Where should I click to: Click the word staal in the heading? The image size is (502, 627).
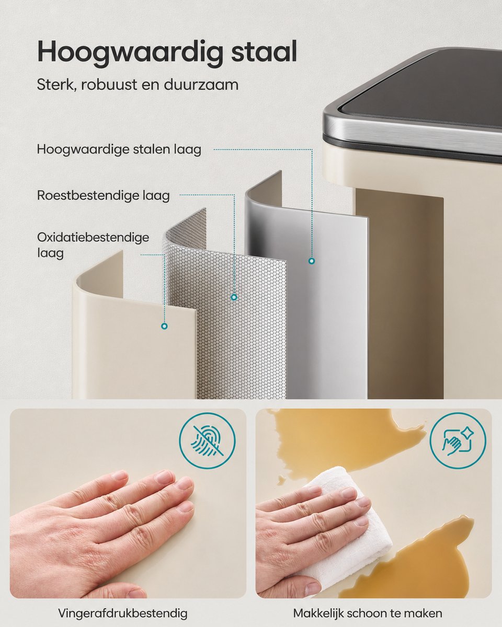pyautogui.click(x=265, y=51)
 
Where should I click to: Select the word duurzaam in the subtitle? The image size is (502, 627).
pyautogui.click(x=201, y=85)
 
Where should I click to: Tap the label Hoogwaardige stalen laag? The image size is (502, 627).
pyautogui.click(x=119, y=150)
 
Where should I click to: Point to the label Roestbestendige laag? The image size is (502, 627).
pyautogui.click(x=103, y=195)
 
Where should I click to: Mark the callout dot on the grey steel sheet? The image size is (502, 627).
pyautogui.click(x=312, y=261)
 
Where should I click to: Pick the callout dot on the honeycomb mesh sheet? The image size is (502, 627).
pyautogui.click(x=234, y=297)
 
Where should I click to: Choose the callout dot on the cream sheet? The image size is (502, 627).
pyautogui.click(x=165, y=326)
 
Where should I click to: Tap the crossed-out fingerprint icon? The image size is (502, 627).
pyautogui.click(x=208, y=441)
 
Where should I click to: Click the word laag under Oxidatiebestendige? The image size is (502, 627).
pyautogui.click(x=50, y=253)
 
